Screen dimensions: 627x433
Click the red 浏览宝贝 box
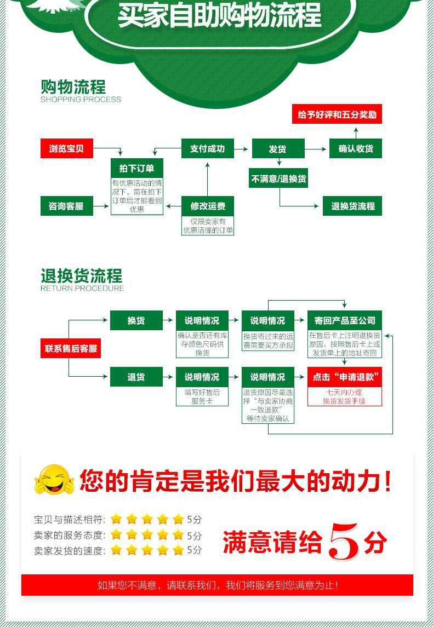coord(67,148)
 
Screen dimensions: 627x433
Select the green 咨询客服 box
coord(67,206)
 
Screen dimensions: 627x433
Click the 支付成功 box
coord(207,148)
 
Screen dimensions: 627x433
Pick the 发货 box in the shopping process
coord(277,149)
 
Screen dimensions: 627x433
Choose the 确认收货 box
coord(356,149)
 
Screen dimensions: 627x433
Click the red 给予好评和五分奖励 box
coord(337,115)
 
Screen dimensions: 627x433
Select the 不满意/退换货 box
coord(279,179)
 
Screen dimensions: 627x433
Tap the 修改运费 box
coord(208,206)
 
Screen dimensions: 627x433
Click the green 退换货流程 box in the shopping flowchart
coord(352,206)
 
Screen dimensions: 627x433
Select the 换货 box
coord(136,320)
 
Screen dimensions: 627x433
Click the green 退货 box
coord(136,377)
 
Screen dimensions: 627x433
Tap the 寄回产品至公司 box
coord(345,320)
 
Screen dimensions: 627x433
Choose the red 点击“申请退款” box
coord(345,377)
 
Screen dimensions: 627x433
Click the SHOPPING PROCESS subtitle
coord(81,100)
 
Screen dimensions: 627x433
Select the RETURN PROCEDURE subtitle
coord(82,288)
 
